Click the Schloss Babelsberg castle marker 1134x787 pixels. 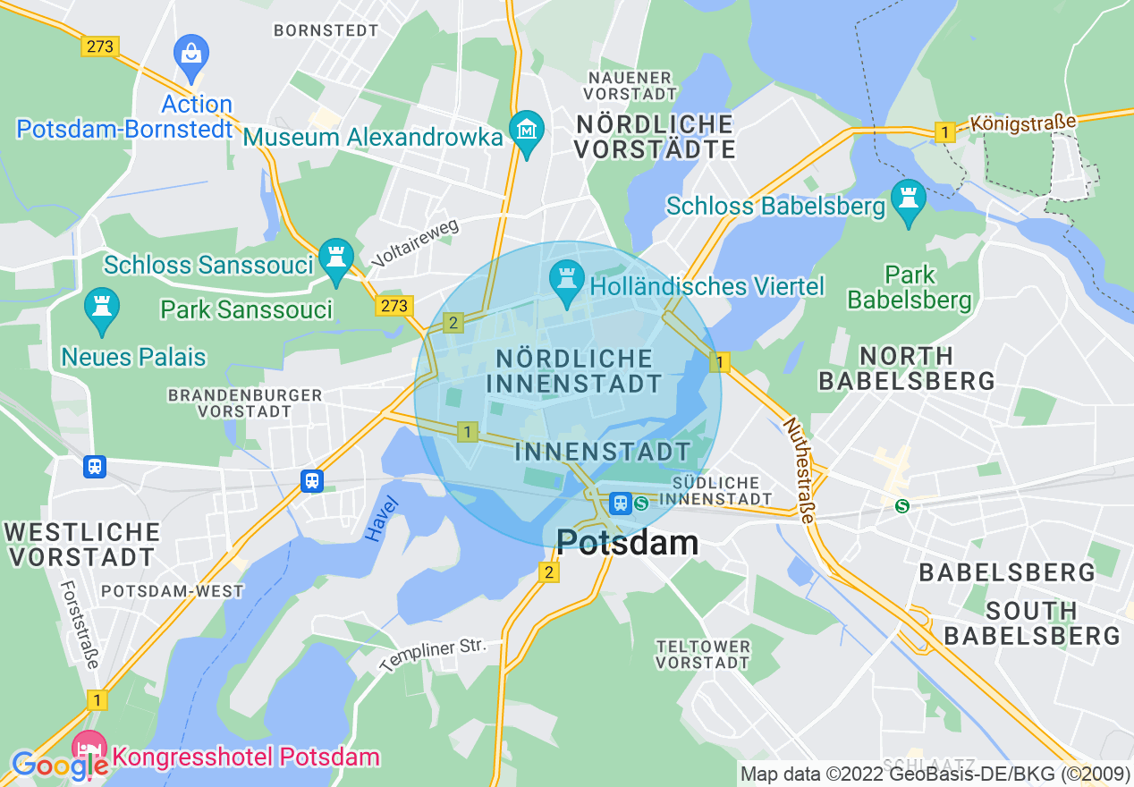[909, 200]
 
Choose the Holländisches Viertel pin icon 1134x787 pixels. [566, 280]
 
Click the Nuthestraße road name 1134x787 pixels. [800, 470]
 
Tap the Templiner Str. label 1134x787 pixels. [432, 656]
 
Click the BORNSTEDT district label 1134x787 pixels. [326, 30]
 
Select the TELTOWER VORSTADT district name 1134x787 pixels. [702, 654]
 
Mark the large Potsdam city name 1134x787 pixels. [627, 542]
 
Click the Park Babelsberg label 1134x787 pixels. [910, 287]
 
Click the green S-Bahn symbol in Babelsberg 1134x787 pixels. [902, 506]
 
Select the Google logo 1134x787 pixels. [59, 766]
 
